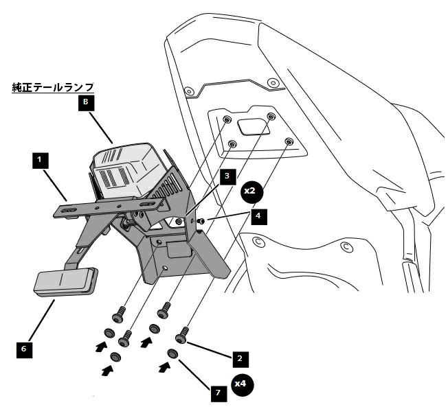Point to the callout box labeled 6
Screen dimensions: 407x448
(23, 349)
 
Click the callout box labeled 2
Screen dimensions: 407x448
(238, 358)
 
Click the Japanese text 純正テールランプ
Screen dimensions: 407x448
(53, 88)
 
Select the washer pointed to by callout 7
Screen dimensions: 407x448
(172, 354)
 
